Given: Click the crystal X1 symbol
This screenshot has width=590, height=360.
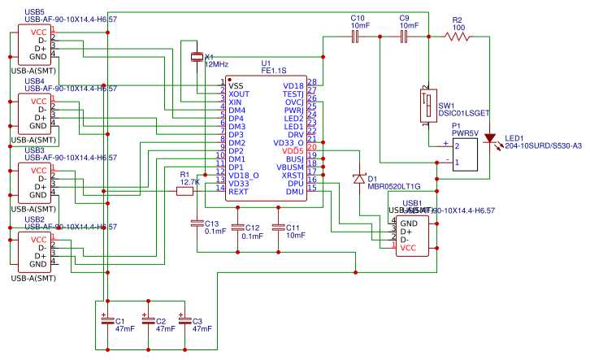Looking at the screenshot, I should pos(196,57).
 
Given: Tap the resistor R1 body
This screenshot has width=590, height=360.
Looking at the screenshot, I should pos(184,192).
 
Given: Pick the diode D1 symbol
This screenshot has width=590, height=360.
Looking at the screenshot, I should pos(357,178).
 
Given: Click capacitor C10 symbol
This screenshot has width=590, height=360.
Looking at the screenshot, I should pos(354,36).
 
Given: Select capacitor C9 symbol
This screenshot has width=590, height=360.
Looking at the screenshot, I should pos(404,36).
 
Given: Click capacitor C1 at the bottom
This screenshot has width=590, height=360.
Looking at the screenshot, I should pos(105,320).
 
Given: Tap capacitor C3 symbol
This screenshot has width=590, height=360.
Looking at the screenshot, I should pos(185,320).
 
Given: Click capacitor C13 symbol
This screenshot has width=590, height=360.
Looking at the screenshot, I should pos(196,222).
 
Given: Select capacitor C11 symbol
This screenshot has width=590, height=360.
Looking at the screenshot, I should pos(278,228).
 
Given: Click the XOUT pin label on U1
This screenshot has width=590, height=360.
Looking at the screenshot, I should pos(239,93).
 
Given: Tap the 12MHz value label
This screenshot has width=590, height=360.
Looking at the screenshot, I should pos(217,63).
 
